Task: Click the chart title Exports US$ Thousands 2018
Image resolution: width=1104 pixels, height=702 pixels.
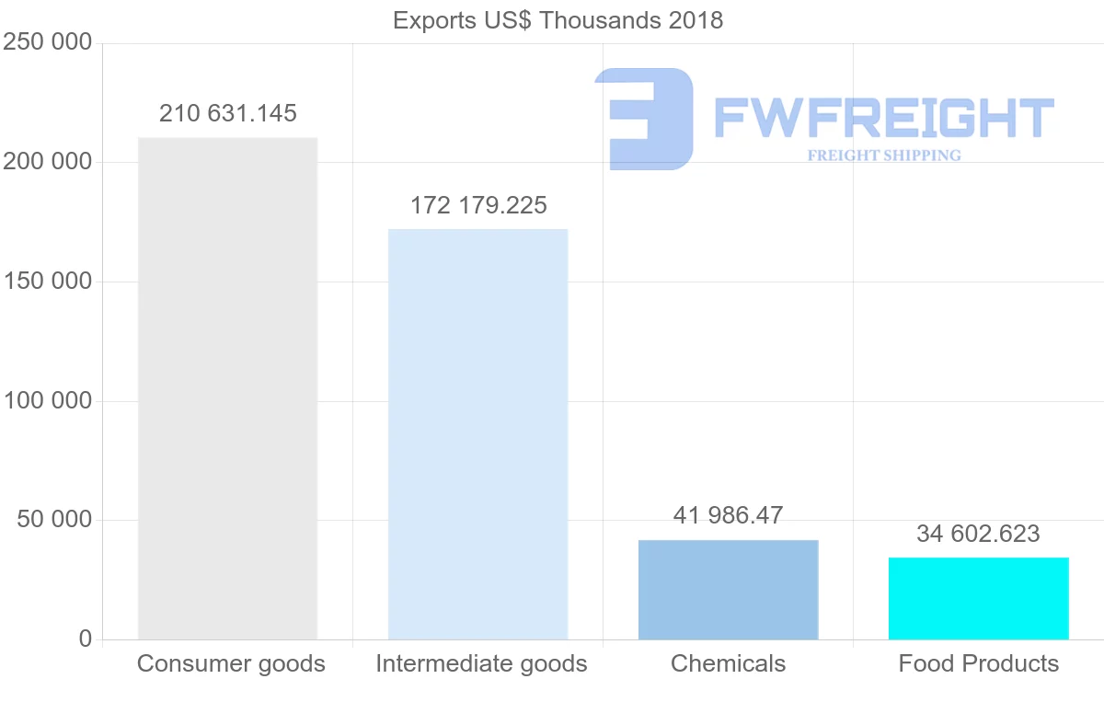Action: pyautogui.click(x=558, y=20)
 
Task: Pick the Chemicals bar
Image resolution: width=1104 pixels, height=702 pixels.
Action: pyautogui.click(x=728, y=590)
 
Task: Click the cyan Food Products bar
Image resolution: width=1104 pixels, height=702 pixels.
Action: pyautogui.click(x=978, y=598)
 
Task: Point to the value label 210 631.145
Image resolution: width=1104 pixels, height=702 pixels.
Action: pyautogui.click(x=228, y=113)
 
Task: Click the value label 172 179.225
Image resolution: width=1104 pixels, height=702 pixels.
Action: pyautogui.click(x=478, y=205)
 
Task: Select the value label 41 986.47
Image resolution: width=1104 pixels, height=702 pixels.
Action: pyautogui.click(x=728, y=515)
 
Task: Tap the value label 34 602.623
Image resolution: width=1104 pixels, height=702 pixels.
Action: pyautogui.click(x=978, y=534)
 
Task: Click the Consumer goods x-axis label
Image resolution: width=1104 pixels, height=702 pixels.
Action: pyautogui.click(x=231, y=663)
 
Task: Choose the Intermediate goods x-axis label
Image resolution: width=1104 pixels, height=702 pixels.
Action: pyautogui.click(x=481, y=663)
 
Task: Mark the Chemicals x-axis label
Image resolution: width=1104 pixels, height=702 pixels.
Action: pyautogui.click(x=728, y=663)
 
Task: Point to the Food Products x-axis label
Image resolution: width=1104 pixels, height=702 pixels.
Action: pyautogui.click(x=978, y=663)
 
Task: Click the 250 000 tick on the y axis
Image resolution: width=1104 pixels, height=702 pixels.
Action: pyautogui.click(x=48, y=42)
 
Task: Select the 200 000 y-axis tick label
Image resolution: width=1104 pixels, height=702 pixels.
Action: pyautogui.click(x=48, y=162)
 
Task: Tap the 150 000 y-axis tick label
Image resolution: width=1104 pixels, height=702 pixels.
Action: pyautogui.click(x=48, y=282)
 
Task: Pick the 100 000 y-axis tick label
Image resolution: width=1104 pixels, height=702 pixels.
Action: pyautogui.click(x=48, y=401)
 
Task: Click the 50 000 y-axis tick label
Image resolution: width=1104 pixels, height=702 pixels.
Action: pyautogui.click(x=54, y=520)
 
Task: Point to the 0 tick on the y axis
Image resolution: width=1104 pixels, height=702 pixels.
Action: pyautogui.click(x=86, y=639)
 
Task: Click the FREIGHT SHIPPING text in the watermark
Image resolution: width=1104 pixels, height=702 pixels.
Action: pyautogui.click(x=884, y=155)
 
